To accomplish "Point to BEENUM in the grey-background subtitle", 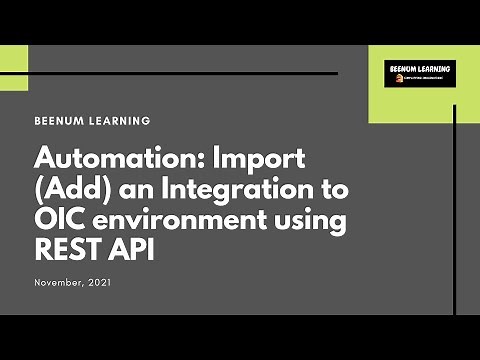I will pos(60,121).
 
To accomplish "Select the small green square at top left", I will pos(13,67).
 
